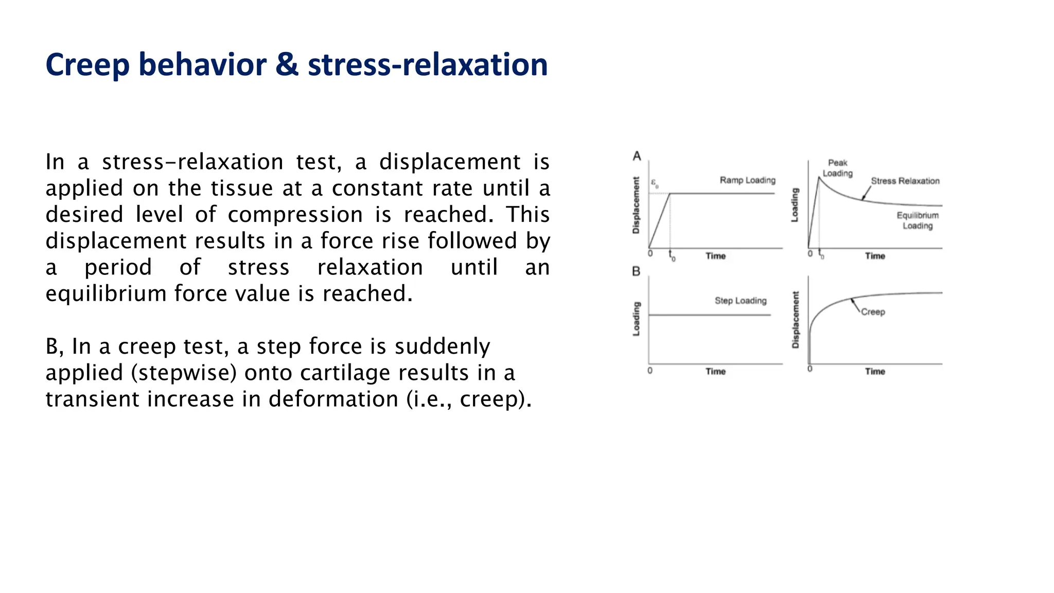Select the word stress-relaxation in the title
pyautogui.click(x=428, y=65)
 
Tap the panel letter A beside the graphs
pyautogui.click(x=637, y=156)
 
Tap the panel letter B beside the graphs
pyautogui.click(x=636, y=271)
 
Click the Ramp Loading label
pyautogui.click(x=747, y=180)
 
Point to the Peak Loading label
pyautogui.click(x=837, y=168)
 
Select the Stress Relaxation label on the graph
pyautogui.click(x=905, y=181)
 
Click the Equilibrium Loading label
pyautogui.click(x=917, y=220)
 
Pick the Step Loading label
pyautogui.click(x=740, y=301)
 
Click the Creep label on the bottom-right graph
pyautogui.click(x=873, y=312)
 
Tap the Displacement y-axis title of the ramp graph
pyautogui.click(x=636, y=205)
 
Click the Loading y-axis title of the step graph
pyautogui.click(x=636, y=319)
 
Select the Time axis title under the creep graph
pyautogui.click(x=875, y=371)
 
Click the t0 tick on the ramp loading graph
pyautogui.click(x=671, y=255)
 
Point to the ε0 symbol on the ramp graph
pyautogui.click(x=655, y=183)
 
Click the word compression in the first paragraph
pyautogui.click(x=295, y=215)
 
